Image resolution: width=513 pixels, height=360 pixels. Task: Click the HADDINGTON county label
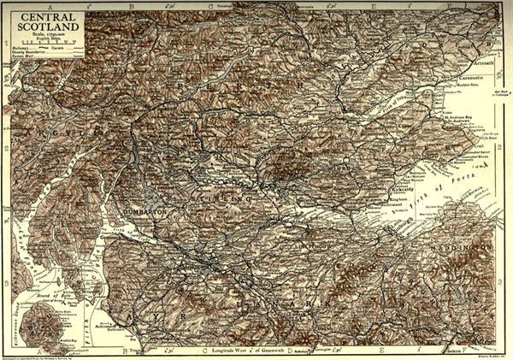[466, 247]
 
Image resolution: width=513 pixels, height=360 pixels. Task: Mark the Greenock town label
[108, 228]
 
